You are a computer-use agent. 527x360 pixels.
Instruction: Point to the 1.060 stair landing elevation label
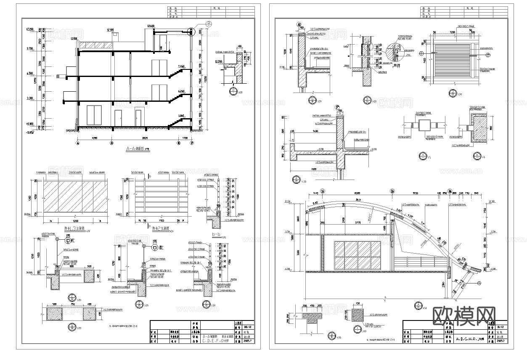tap(181, 116)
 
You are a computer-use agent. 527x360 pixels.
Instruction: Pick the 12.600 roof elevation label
tap(150, 26)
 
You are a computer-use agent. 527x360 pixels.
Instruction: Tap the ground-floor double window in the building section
tap(95, 116)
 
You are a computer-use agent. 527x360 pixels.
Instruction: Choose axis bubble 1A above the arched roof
tap(323, 191)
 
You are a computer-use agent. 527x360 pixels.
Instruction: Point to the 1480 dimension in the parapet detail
tap(304, 132)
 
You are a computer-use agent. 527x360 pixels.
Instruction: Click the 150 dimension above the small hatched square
tap(358, 304)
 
